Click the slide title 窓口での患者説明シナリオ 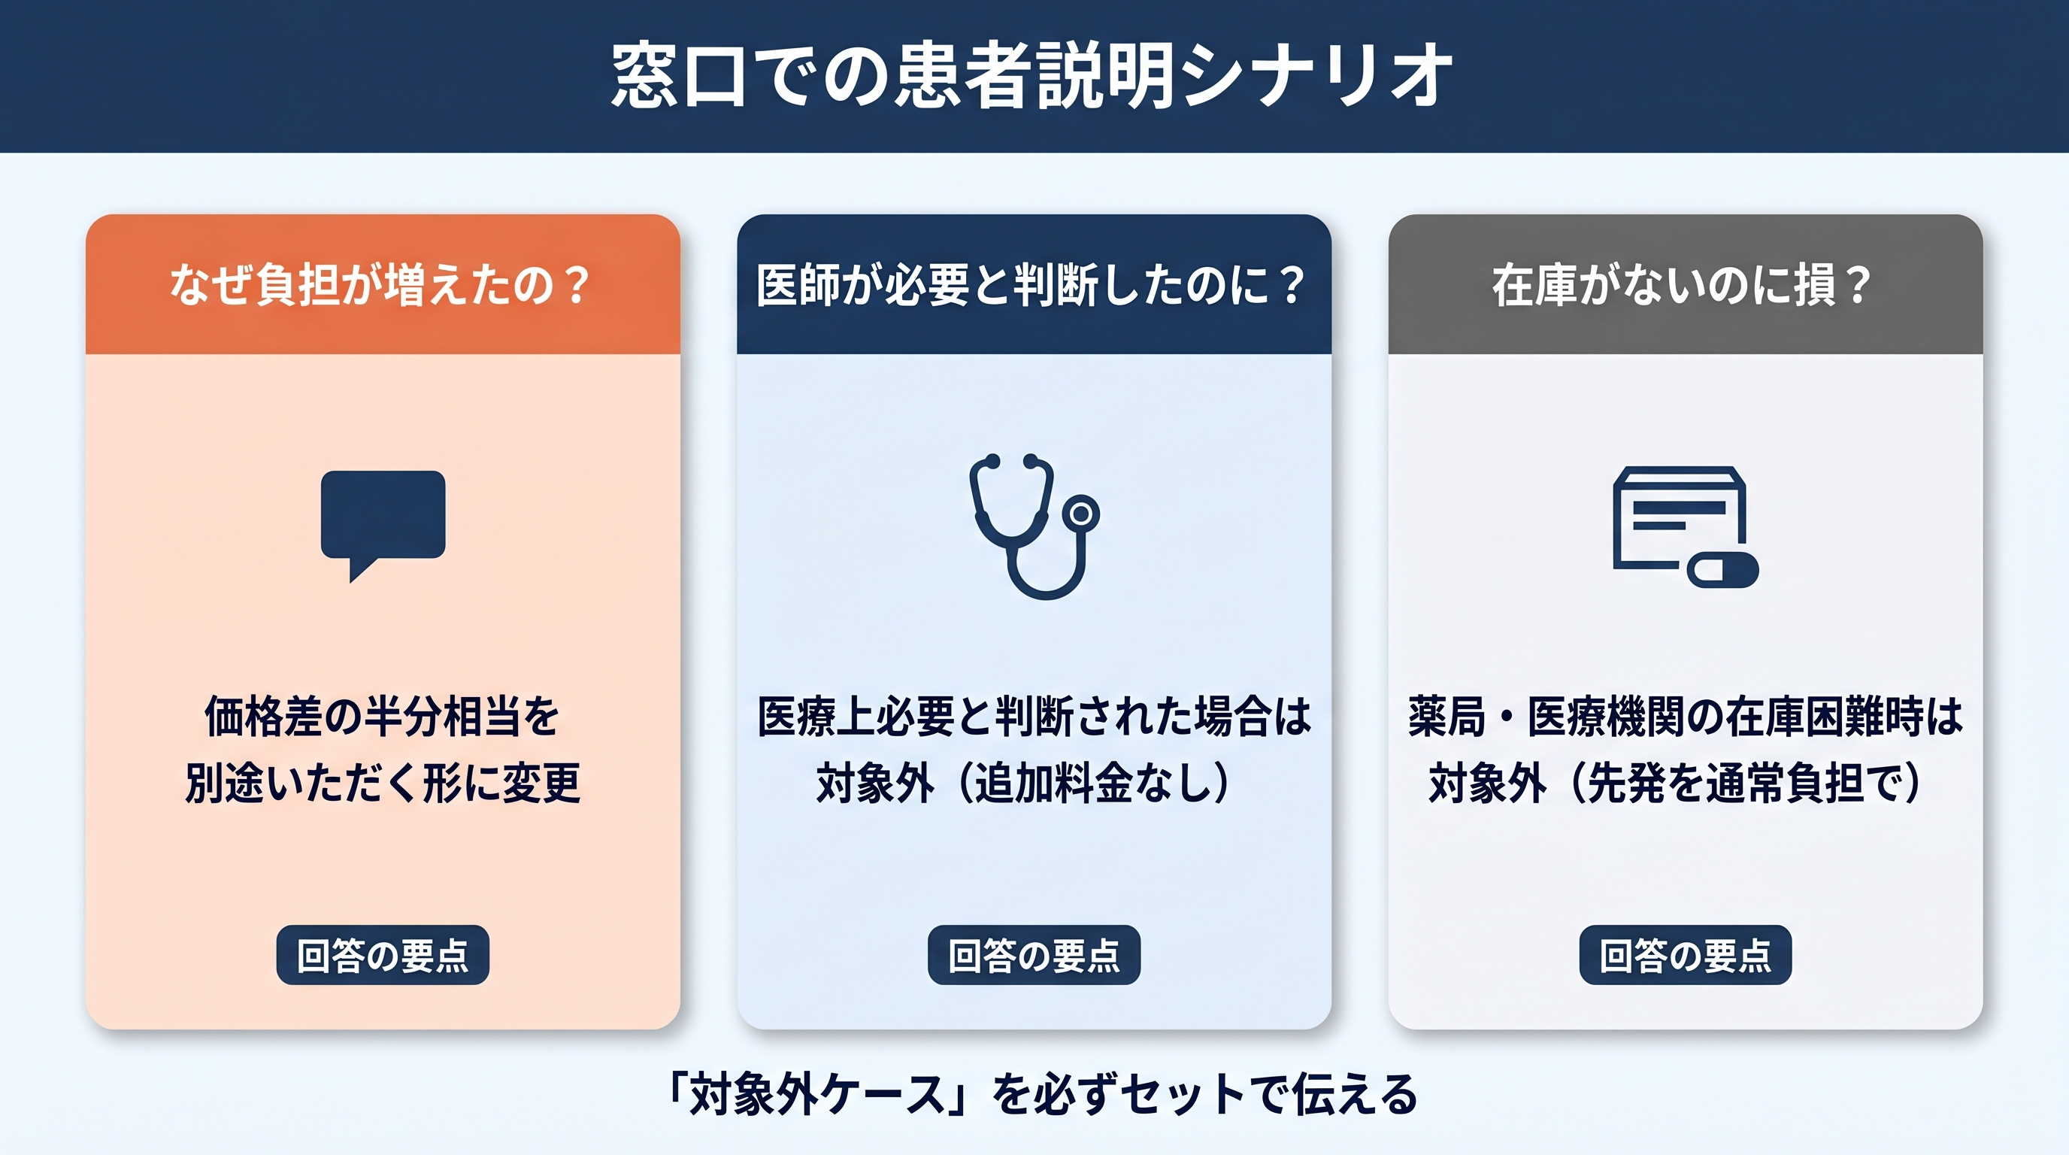pos(1032,75)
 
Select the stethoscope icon pos(1034,526)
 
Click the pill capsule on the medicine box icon pos(1723,570)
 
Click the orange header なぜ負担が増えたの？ pos(383,284)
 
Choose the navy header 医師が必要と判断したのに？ pos(1034,284)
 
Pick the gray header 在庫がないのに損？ pos(1686,284)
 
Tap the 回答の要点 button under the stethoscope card pos(1034,955)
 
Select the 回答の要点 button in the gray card pos(1686,955)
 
